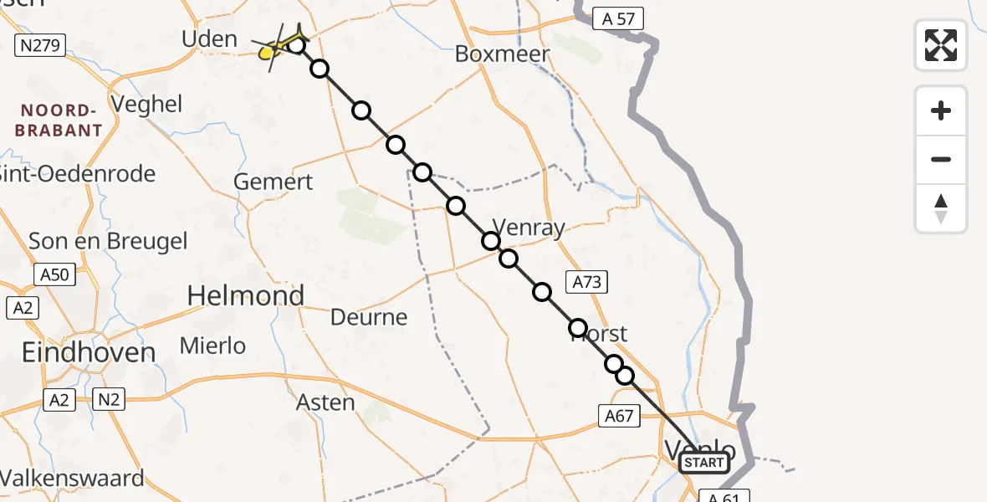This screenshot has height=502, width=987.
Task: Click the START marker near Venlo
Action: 703,463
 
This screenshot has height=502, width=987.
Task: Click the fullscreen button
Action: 941,45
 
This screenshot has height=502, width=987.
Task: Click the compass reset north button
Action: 941,208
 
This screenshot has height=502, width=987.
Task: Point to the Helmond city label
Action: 246,295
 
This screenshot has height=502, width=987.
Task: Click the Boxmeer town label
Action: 502,54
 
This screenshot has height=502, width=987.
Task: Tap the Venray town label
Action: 529,227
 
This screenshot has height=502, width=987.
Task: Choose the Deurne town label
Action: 369,317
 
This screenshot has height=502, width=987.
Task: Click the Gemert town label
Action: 274,182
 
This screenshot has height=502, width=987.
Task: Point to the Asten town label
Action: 325,402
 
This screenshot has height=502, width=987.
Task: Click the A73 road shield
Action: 586,282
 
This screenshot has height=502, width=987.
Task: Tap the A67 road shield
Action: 620,415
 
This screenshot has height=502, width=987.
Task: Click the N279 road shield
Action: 39,45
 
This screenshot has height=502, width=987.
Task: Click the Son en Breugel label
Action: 108,241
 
